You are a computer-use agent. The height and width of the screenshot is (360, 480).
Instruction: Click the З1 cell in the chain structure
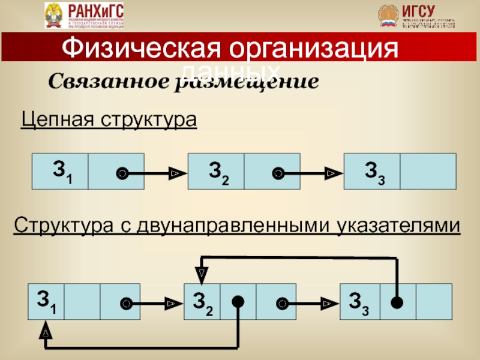pyautogui.click(x=60, y=171)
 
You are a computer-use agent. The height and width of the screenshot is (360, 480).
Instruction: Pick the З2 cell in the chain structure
pyautogui.click(x=217, y=171)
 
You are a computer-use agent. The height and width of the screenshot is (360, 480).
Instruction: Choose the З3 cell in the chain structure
pyautogui.click(x=372, y=171)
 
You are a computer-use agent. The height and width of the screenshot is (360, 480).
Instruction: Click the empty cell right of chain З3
pyautogui.click(x=427, y=171)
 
